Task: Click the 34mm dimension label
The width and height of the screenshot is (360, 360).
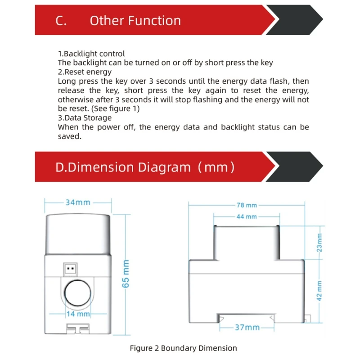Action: pyautogui.click(x=77, y=202)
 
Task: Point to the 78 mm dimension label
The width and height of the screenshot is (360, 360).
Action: pyautogui.click(x=247, y=205)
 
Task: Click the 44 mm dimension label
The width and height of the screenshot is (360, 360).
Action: pyautogui.click(x=247, y=216)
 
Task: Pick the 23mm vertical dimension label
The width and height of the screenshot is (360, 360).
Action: pyautogui.click(x=319, y=243)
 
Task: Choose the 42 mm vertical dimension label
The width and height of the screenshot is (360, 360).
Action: pyautogui.click(x=319, y=290)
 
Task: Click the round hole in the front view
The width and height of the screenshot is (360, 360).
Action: pyautogui.click(x=77, y=294)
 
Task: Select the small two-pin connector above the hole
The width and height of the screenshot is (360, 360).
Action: pyautogui.click(x=70, y=269)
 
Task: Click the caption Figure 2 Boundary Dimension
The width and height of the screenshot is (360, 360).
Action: pyautogui.click(x=183, y=348)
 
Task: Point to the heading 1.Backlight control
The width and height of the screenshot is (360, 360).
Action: pyautogui.click(x=91, y=54)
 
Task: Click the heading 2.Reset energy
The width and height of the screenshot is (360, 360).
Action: pyautogui.click(x=85, y=72)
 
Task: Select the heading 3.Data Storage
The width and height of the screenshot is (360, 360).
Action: pyautogui.click(x=85, y=118)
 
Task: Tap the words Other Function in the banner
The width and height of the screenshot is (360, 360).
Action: pyautogui.click(x=135, y=21)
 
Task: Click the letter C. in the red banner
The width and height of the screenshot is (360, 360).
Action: pyautogui.click(x=61, y=21)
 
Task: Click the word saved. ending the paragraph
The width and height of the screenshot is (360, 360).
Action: pyautogui.click(x=69, y=136)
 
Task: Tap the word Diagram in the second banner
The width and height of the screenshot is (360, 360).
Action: pyautogui.click(x=164, y=167)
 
